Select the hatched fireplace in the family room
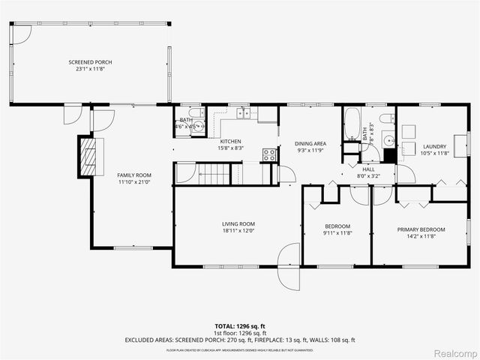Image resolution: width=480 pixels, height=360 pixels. pos(89,156)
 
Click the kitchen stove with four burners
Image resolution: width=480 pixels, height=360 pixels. pos(269,155)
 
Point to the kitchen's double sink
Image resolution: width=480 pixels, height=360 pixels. pos(244,113)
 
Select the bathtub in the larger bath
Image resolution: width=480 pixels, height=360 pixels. pos(352,125)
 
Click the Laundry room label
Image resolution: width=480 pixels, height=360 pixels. pos(434,147)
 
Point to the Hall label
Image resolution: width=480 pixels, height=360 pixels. pos(369,169)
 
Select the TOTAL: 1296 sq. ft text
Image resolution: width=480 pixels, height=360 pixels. pos(240,326)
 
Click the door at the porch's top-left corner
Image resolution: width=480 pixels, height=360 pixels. pos(22,34)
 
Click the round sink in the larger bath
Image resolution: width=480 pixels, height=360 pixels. pos(388,139)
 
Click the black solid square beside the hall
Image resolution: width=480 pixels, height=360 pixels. pos(388,156)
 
